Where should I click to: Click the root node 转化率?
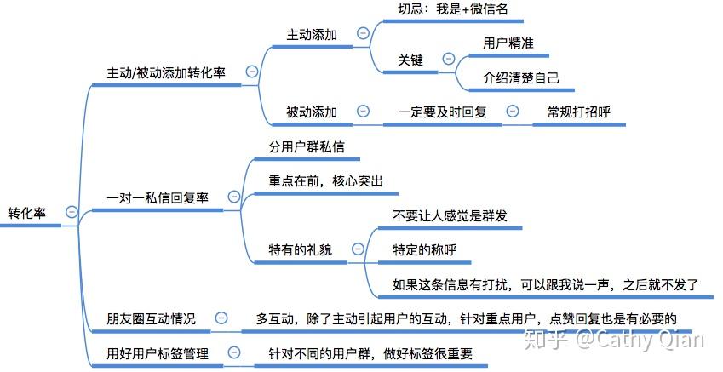(x=26, y=213)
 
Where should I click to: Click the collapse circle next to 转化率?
(x=72, y=212)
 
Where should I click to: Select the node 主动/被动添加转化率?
(x=165, y=72)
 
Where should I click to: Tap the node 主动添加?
(x=311, y=35)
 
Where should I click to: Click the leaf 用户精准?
(x=508, y=43)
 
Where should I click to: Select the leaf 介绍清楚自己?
(x=521, y=77)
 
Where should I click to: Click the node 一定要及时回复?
(x=442, y=112)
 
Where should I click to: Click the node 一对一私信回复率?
(x=158, y=197)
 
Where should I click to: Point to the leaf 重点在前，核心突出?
(x=325, y=181)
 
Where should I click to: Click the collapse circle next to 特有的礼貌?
(x=358, y=249)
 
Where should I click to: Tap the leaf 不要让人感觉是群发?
(x=450, y=215)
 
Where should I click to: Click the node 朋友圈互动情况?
(x=151, y=319)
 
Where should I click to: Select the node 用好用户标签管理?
(x=157, y=353)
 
